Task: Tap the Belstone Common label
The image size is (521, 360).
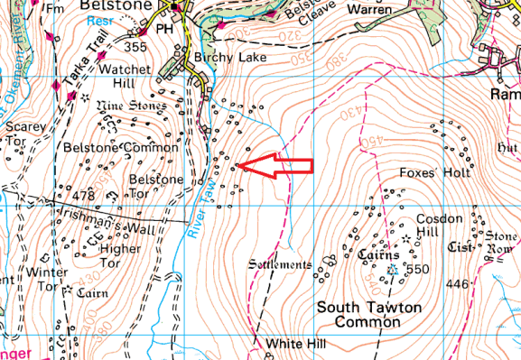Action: click(108, 146)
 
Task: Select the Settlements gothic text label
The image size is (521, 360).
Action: click(280, 265)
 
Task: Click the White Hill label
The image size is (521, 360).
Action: click(293, 345)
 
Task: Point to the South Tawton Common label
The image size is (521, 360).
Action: click(369, 315)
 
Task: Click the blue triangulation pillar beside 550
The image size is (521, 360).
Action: click(393, 270)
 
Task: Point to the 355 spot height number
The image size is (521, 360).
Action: click(136, 47)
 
